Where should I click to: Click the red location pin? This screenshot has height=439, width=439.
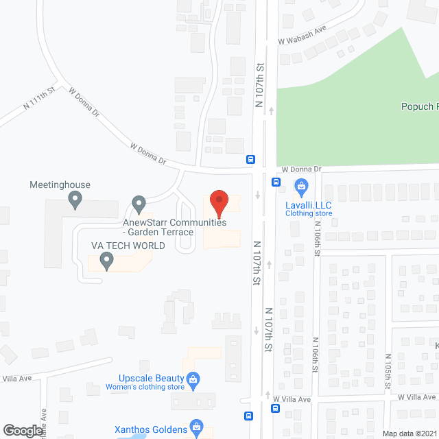pos(218,204)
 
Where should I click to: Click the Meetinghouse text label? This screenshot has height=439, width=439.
pos(60,185)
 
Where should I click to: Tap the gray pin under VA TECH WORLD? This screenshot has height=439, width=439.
pos(106,260)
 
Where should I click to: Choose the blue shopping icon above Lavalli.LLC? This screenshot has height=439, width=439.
pos(300,185)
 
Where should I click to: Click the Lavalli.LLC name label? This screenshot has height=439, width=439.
pos(309,204)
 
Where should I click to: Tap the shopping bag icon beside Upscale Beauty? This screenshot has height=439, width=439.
pos(193,378)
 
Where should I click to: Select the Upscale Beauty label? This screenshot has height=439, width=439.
pos(151,379)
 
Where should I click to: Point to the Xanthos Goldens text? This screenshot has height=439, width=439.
pos(152,429)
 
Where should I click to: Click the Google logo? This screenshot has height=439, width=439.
pos(23,430)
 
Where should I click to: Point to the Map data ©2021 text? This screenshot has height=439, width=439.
pos(409,434)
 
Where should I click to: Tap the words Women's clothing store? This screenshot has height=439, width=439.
pos(145,388)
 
